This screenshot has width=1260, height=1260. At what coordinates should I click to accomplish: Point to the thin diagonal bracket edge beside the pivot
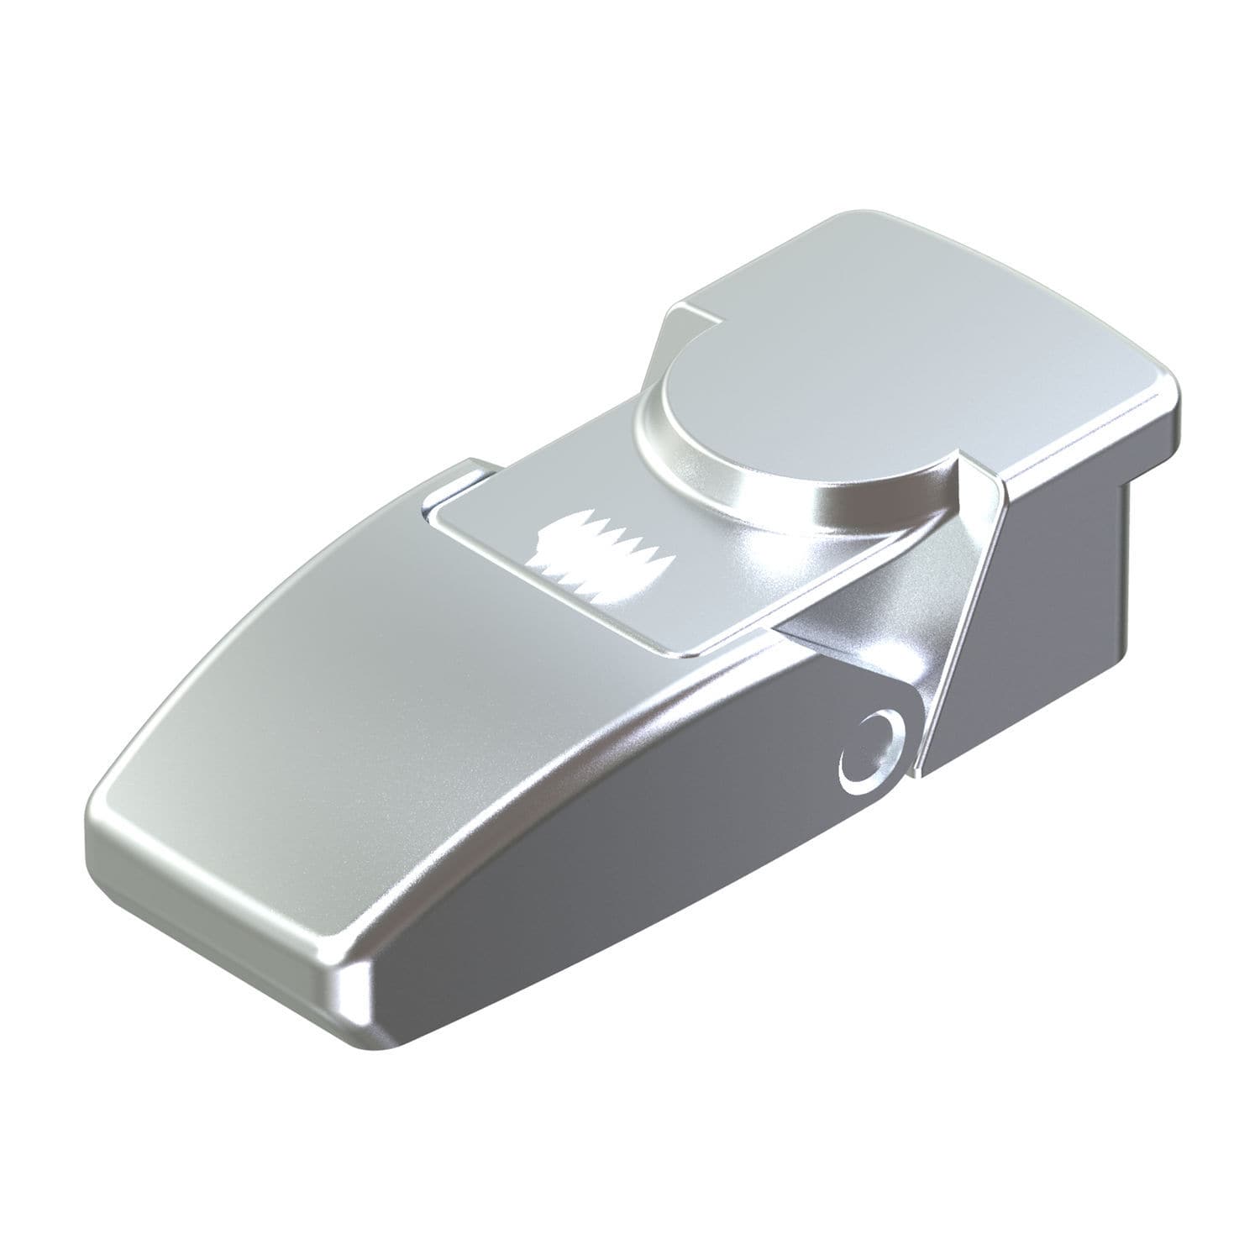pyautogui.click(x=958, y=630)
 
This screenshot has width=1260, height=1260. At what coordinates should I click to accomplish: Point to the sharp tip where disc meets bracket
pyautogui.click(x=958, y=470)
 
